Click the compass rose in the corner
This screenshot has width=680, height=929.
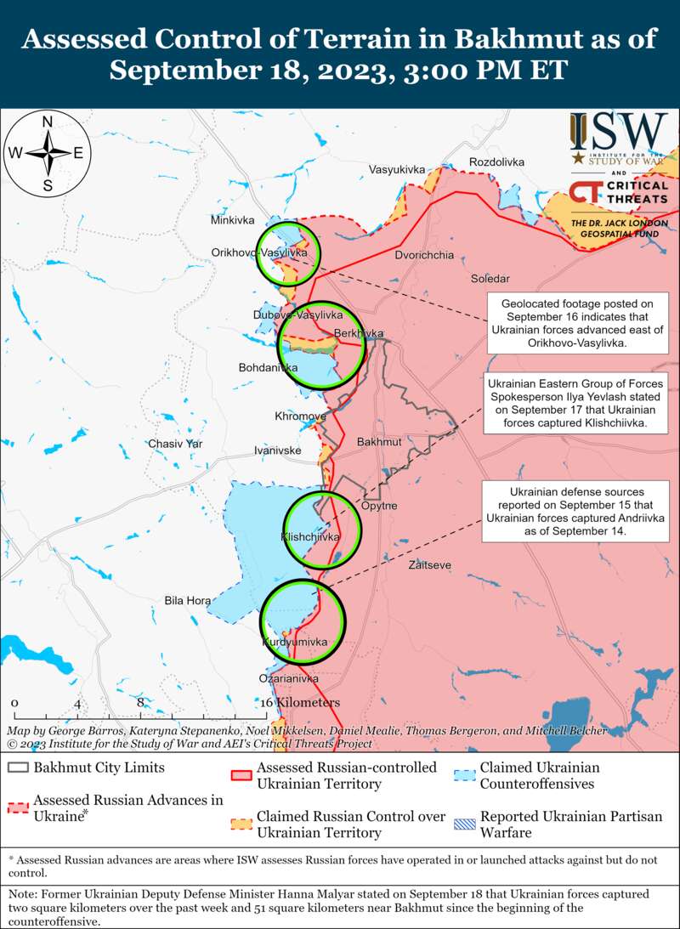point(48,154)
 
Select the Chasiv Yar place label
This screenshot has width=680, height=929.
point(175,444)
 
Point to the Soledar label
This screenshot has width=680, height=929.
point(490,279)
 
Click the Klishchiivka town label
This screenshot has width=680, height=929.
point(310,537)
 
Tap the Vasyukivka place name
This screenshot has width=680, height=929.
point(396,170)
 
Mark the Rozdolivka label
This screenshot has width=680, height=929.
point(496,161)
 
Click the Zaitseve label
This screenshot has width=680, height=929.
point(429,565)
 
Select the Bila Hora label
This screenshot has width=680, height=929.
point(187,601)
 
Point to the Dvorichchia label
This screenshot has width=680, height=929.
point(424,255)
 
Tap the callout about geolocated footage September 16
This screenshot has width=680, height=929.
point(576,323)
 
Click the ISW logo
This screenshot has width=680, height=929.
point(618,137)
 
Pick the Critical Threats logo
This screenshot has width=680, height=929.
point(618,193)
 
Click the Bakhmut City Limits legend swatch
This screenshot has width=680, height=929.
point(17,768)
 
